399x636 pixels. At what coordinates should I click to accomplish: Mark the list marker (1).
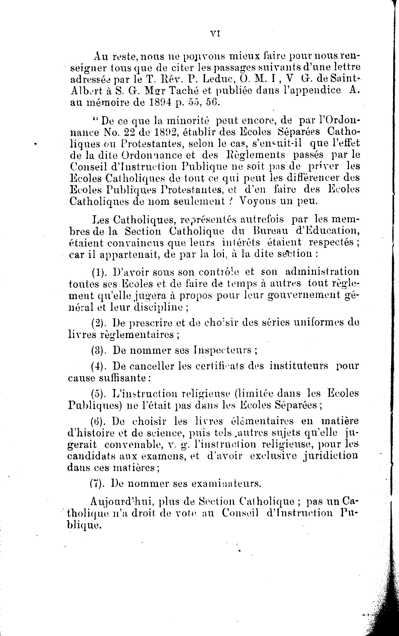coord(99,272)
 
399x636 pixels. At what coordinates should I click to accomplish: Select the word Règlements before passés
coord(256,155)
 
